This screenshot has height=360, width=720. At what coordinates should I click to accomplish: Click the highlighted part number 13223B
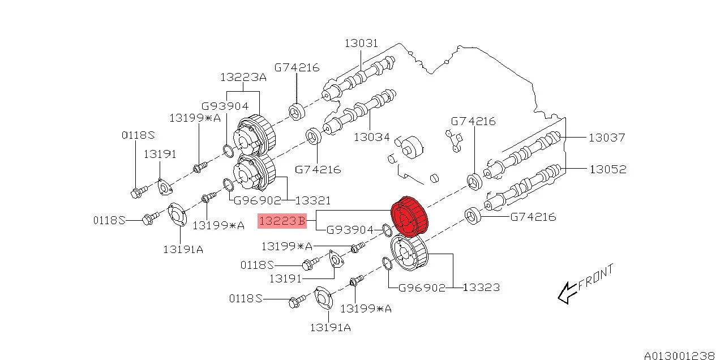(282, 221)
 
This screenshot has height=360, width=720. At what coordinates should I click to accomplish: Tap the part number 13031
(361, 44)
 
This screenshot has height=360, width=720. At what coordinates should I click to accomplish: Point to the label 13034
(371, 137)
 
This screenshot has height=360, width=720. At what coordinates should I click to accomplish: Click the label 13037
(606, 138)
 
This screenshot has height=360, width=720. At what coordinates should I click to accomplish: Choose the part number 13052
(607, 169)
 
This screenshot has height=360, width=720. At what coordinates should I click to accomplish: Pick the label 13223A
(243, 78)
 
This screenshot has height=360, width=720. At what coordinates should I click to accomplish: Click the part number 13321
(312, 200)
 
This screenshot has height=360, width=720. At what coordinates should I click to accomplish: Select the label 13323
(481, 288)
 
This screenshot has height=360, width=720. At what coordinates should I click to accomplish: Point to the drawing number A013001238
(679, 355)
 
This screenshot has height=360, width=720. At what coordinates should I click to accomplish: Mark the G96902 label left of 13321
(258, 200)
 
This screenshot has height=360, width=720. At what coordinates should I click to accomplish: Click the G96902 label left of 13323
(422, 288)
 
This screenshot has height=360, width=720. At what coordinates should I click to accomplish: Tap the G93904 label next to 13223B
(350, 230)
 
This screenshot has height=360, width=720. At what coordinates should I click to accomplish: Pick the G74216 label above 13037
(473, 121)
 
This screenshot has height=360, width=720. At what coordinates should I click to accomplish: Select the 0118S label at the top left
(138, 135)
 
